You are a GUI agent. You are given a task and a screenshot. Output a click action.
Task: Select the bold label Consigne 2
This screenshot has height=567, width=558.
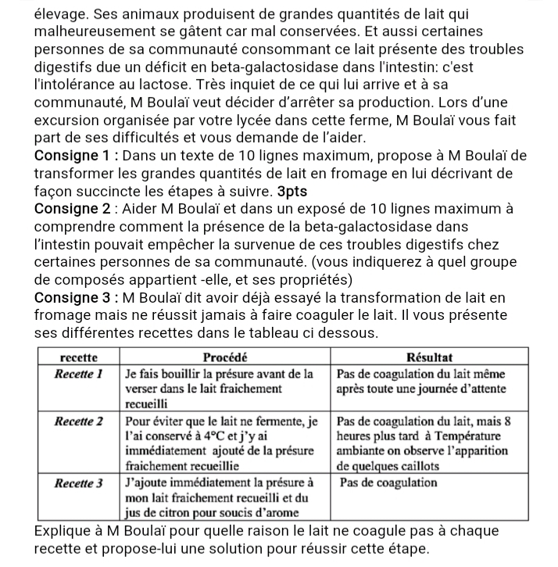click(x=75, y=209)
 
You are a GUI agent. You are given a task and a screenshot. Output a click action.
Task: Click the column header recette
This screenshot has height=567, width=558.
click(x=79, y=357)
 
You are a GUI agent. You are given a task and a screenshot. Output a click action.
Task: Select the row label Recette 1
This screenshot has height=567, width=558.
click(x=79, y=373)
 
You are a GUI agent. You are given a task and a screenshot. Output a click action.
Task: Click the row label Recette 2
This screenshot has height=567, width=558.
click(x=79, y=420)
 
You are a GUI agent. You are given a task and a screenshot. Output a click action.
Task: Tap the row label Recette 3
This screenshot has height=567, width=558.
click(x=79, y=483)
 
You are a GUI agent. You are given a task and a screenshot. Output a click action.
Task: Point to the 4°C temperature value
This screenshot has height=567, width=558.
click(x=216, y=436)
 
